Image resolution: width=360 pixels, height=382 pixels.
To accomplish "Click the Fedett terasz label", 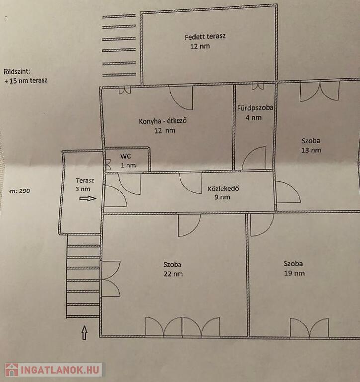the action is tap(205, 37).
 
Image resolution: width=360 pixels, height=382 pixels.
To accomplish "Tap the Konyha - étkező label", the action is tap(163, 121).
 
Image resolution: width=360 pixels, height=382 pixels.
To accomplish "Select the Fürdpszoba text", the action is tap(255, 108).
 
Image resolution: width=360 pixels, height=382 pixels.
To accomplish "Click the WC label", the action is tap(125, 156).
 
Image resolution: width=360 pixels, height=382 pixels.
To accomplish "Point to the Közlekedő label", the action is tap(223, 188).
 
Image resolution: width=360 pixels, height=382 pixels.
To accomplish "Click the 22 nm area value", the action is tap(173, 274).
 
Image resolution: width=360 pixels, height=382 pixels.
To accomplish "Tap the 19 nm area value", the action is tap(294, 273).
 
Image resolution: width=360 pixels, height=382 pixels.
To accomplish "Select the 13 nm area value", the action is tap(311, 150).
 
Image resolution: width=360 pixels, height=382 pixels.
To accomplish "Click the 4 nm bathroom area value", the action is tap(253, 118).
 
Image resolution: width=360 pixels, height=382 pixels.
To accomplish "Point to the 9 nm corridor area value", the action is tap(222, 197).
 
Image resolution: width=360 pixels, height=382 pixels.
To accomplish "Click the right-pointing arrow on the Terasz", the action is tap(88, 199).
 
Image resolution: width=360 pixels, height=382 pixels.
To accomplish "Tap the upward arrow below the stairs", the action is tap(84, 333).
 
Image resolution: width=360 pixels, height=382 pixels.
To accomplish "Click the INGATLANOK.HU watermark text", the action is tap(60, 370).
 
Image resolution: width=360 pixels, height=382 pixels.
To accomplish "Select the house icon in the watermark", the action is tap(12, 370).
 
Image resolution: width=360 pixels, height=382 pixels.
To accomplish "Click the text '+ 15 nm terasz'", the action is tap(26, 81).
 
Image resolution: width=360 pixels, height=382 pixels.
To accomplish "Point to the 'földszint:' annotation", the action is tap(17, 72).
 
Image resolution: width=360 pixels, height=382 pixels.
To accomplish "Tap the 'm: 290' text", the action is tap(20, 191).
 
